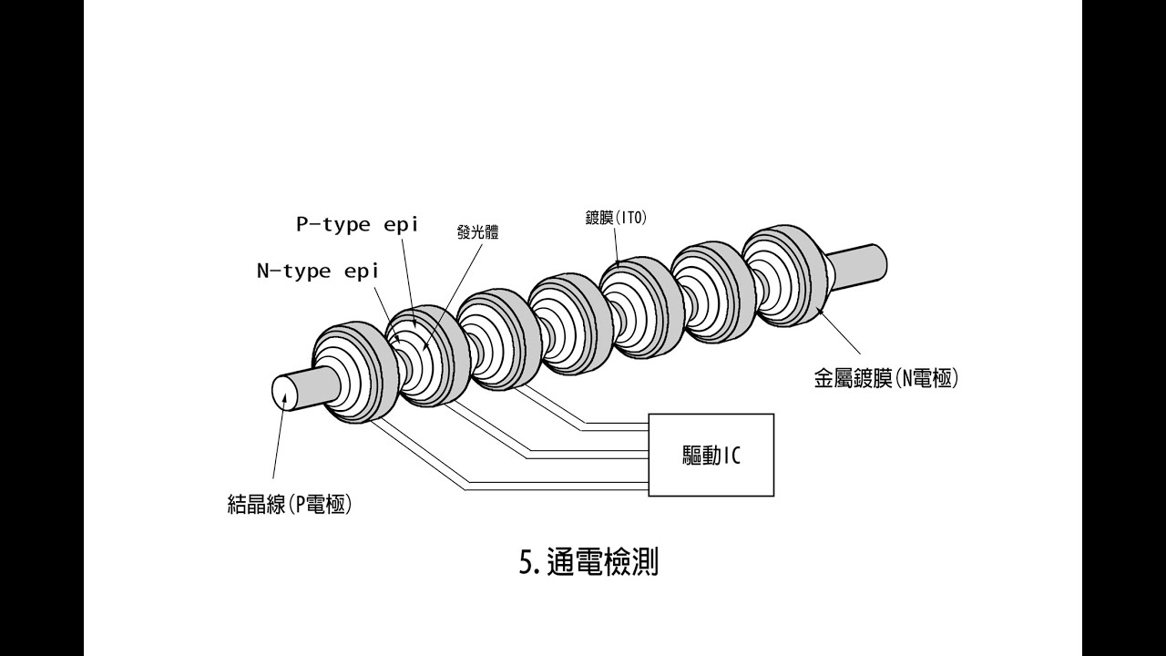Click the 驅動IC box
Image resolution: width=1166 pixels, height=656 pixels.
click(x=711, y=455)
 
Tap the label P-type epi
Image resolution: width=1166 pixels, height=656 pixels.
click(x=357, y=224)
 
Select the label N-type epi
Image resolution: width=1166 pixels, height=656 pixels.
click(x=316, y=271)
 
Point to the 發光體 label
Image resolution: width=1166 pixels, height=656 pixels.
click(x=478, y=232)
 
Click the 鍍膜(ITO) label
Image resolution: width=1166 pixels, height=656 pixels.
click(x=616, y=218)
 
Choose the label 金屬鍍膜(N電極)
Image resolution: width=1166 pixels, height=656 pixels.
click(x=885, y=378)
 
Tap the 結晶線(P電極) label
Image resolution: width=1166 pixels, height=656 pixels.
click(x=289, y=504)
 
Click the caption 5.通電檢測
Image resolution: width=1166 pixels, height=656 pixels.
click(x=588, y=562)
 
